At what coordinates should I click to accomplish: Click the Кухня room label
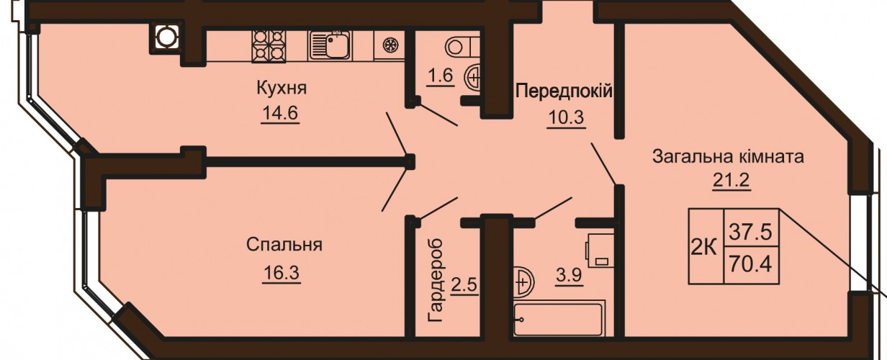click(282, 88)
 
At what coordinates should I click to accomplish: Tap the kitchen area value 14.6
click(279, 114)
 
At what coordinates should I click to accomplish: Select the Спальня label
click(284, 245)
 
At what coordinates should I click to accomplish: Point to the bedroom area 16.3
click(281, 273)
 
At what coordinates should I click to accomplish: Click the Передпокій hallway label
click(564, 91)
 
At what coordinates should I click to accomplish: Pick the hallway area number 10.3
click(566, 117)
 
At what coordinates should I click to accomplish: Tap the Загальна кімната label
click(728, 157)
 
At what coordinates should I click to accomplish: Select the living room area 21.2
click(731, 181)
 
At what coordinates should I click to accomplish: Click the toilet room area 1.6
click(441, 75)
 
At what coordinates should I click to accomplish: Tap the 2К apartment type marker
click(704, 248)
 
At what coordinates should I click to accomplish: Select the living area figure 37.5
click(751, 232)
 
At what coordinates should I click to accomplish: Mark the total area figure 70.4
click(751, 264)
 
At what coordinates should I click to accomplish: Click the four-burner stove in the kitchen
click(269, 46)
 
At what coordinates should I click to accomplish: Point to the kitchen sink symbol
click(330, 45)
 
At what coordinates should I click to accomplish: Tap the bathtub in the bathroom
click(559, 319)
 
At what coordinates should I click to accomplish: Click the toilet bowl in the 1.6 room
click(461, 47)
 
